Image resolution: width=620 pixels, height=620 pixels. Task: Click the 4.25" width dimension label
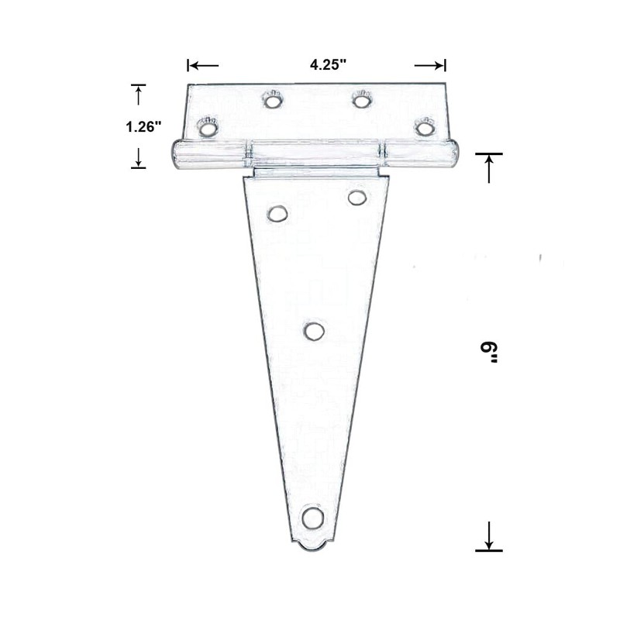pos(327,65)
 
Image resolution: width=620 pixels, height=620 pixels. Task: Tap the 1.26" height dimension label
pos(143,126)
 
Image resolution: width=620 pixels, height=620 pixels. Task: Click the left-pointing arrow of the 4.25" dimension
pos(202,65)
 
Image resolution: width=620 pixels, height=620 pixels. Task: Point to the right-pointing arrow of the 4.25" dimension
pos(430,65)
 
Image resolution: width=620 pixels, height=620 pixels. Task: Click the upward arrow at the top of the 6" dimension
pos(489,167)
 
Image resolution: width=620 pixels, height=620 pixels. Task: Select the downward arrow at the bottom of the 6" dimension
pos(489,536)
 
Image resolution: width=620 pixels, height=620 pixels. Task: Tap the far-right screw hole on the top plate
pos(424,126)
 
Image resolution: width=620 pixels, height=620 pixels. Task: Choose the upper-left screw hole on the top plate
pos(272,100)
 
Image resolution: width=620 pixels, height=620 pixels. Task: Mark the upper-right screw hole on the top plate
pos(361,99)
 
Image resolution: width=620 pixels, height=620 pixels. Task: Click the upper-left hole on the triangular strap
pos(277,213)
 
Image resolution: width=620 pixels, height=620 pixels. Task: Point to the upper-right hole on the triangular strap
pos(357,198)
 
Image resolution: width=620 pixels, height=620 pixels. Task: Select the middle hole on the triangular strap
pos(314,331)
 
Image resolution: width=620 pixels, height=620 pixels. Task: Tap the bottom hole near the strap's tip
pos(312,517)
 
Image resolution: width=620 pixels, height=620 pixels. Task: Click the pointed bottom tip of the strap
pos(312,548)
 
